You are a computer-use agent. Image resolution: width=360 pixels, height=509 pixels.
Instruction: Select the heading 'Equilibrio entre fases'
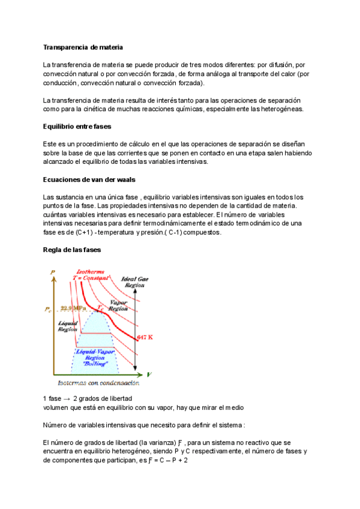(x=77, y=127)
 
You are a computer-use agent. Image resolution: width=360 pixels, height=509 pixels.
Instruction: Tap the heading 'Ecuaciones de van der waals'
(x=86, y=179)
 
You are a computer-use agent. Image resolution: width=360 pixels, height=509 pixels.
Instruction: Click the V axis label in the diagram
(x=149, y=373)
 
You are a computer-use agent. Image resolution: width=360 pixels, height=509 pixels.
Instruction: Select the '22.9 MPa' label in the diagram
(x=73, y=309)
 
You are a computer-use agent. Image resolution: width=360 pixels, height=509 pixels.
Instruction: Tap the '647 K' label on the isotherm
(x=145, y=337)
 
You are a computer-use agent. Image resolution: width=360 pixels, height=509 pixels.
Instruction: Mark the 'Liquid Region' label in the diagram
(x=67, y=327)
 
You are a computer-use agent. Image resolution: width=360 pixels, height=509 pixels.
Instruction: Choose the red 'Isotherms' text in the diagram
(x=88, y=273)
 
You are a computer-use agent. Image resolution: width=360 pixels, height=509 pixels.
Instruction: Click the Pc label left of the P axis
(x=48, y=309)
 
